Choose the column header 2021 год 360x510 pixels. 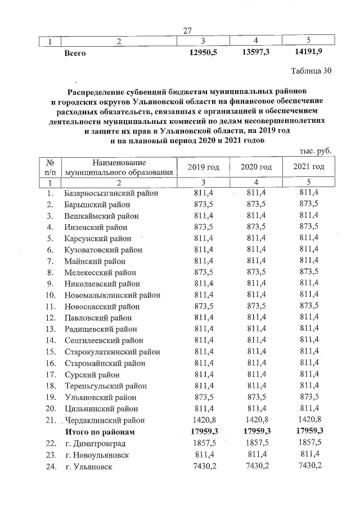[309, 167]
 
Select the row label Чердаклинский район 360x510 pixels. [105, 420]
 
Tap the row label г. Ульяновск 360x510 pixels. [88, 467]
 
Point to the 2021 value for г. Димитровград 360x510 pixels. [309, 444]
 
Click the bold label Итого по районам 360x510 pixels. [100, 432]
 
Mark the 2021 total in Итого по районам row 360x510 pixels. [309, 432]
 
